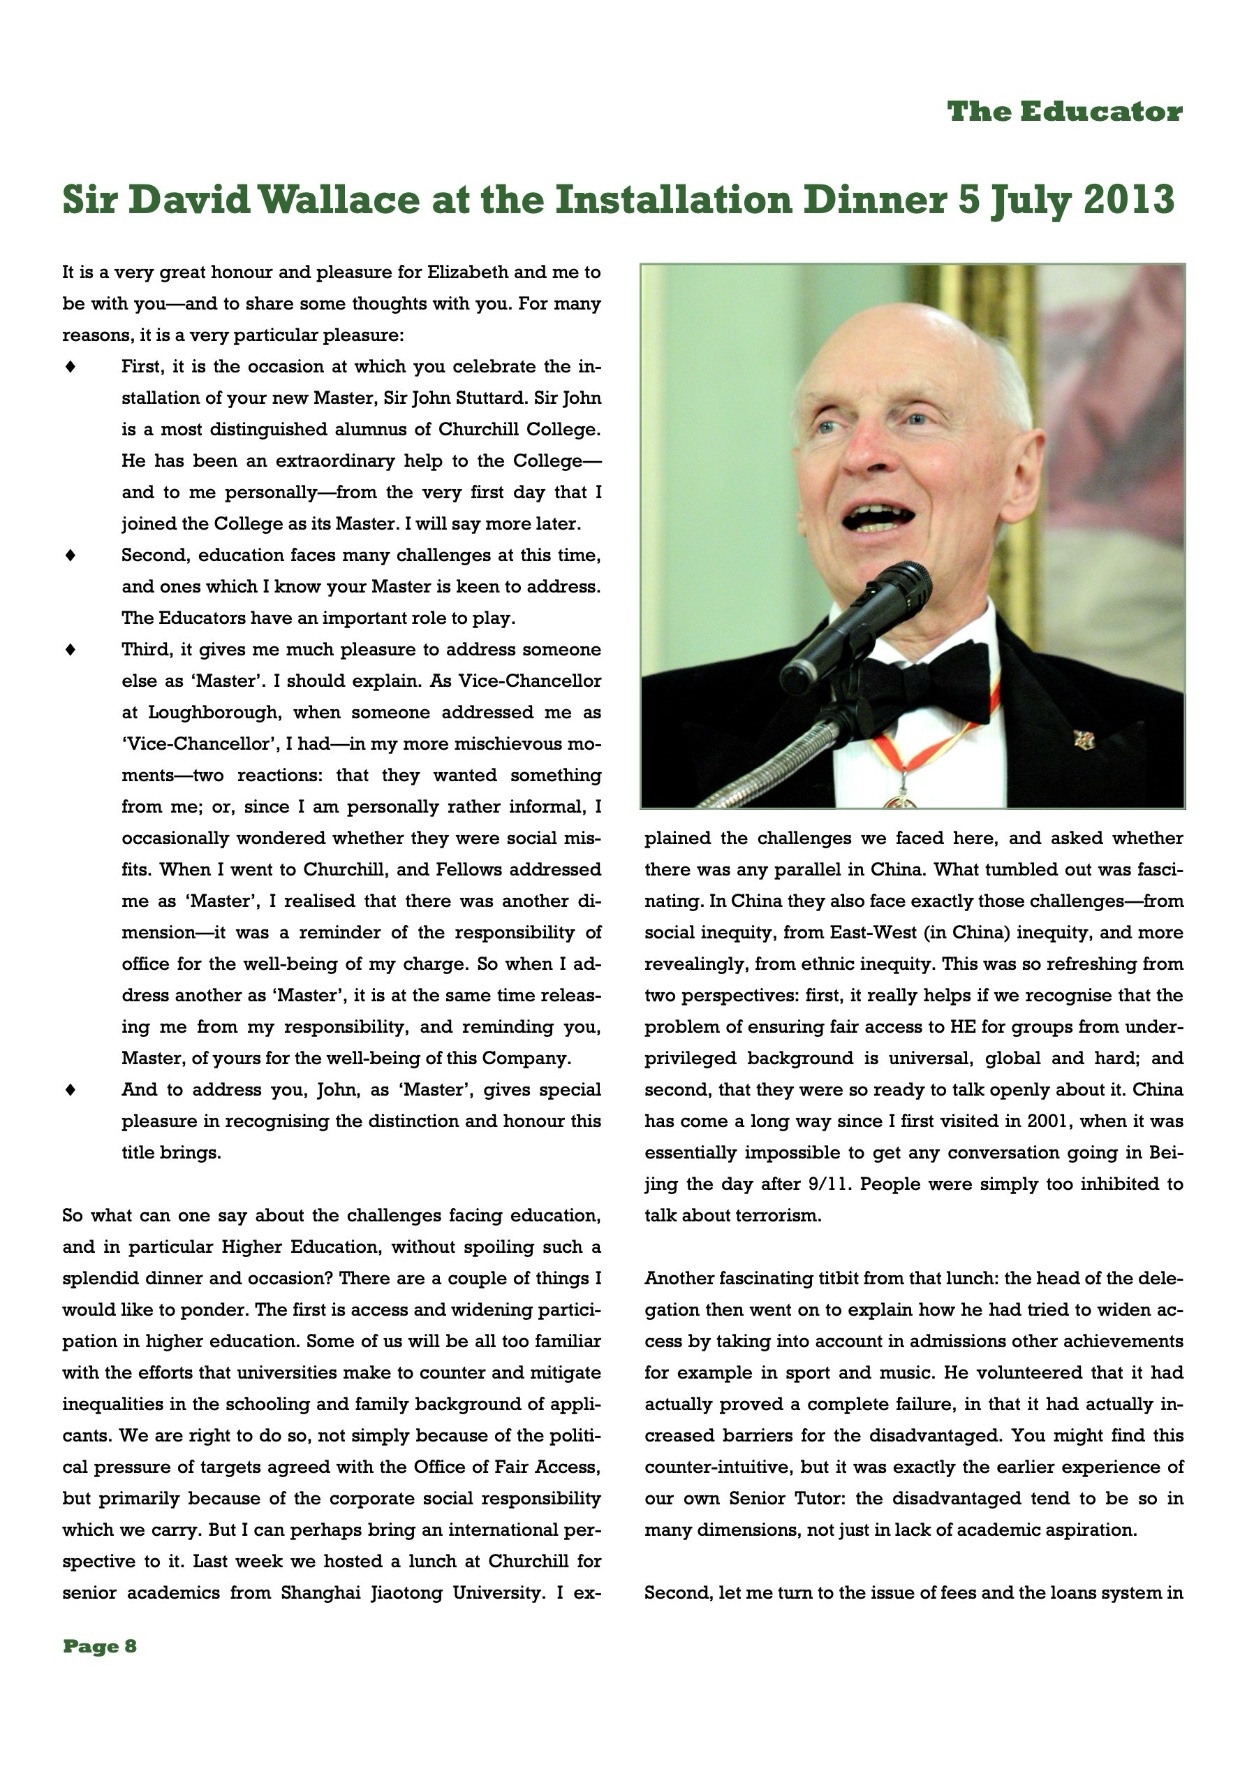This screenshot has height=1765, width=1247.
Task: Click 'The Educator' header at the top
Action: [x=1064, y=112]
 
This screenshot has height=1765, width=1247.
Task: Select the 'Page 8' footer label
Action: [x=99, y=1646]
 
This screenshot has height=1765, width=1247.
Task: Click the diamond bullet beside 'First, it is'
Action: [x=70, y=368]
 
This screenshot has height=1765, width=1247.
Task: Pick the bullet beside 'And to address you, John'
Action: [x=70, y=1090]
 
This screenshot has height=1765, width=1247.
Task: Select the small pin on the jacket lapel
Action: [x=1084, y=740]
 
